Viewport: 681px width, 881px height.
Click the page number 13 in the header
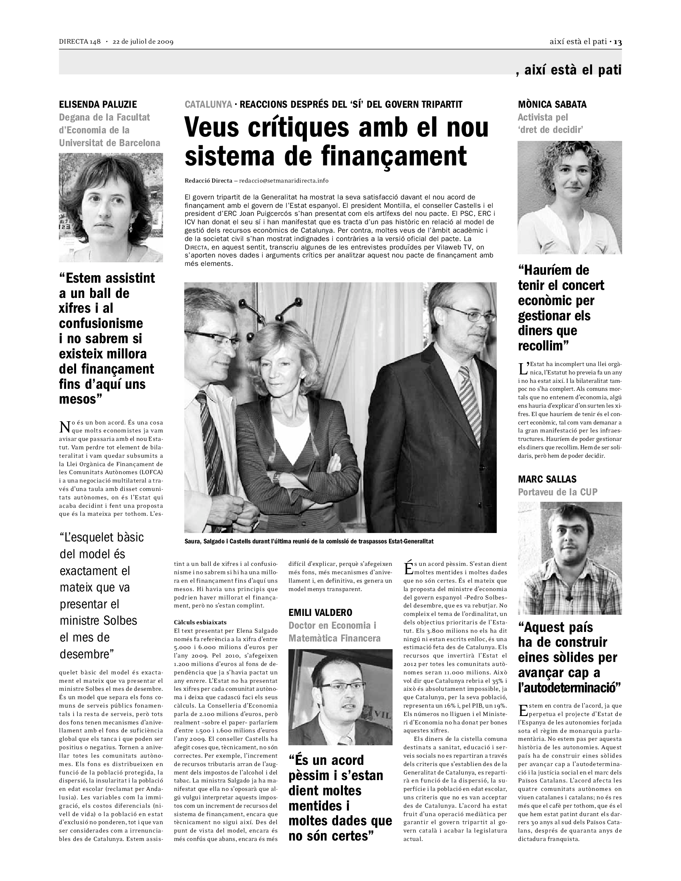point(618,42)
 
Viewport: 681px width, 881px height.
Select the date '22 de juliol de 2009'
point(143,42)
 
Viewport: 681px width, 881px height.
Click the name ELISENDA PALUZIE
point(98,105)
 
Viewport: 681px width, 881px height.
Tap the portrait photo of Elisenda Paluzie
point(111,207)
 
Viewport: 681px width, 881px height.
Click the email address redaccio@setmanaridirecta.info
point(284,181)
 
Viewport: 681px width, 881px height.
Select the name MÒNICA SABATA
point(552,105)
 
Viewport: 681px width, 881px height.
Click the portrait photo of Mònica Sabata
point(570,197)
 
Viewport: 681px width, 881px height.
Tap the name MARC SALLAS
point(547,479)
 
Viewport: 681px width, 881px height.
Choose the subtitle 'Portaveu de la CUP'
point(558,492)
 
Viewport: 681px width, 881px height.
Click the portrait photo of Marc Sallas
point(570,558)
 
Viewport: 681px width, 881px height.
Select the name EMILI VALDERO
point(320,613)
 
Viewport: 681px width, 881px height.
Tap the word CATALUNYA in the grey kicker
point(208,105)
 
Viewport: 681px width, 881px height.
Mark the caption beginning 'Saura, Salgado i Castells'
point(308,541)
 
